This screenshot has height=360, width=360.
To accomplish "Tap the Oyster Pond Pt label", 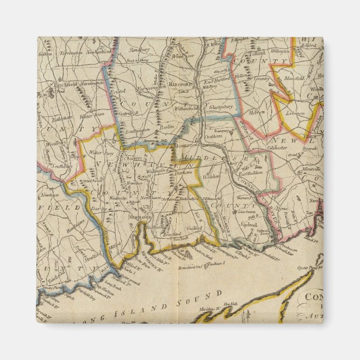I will (x=307, y=268).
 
